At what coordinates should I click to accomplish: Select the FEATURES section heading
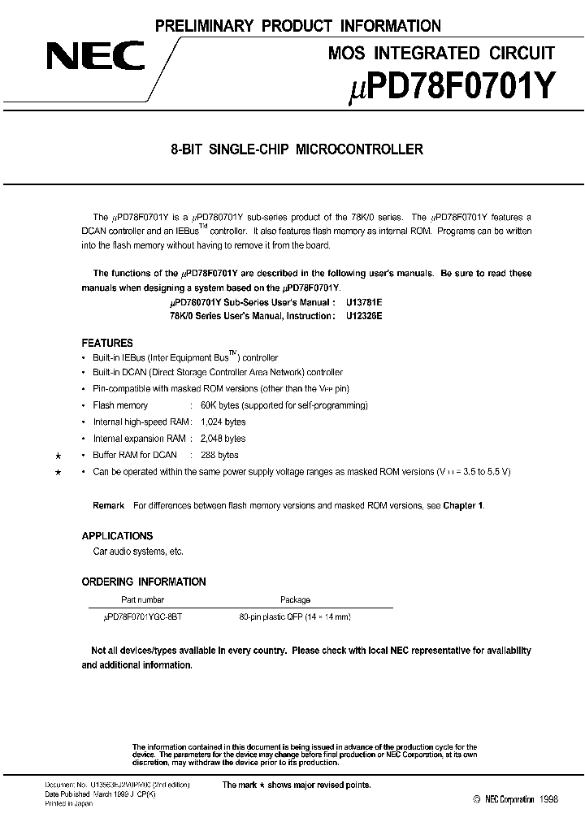pos(107,344)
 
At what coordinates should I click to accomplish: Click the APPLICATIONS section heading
pos(117,536)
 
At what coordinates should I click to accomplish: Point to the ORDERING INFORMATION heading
pos(144,582)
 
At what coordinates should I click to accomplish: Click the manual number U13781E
pos(364,302)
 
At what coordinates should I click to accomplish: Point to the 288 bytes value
pos(214,455)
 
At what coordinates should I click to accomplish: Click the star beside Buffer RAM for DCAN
pos(58,456)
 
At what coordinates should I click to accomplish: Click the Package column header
pos(295,599)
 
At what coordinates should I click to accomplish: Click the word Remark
pos(109,505)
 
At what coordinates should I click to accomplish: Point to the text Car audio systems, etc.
pos(138,552)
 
